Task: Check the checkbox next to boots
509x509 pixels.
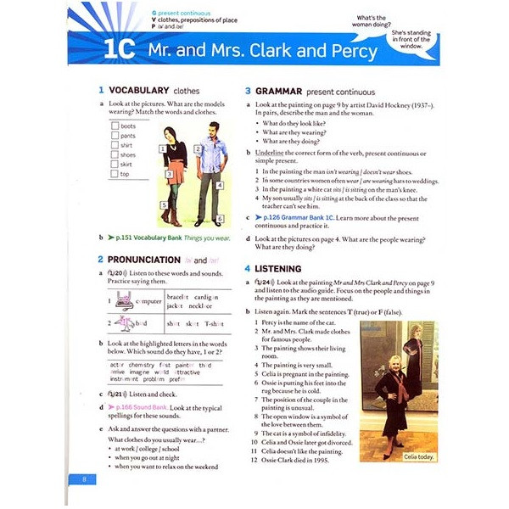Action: pos(115,126)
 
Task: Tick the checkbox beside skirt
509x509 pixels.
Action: pos(115,165)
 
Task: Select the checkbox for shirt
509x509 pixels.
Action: pos(115,145)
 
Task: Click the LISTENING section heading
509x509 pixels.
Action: pos(281,268)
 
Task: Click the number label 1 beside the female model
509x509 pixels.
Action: pos(161,148)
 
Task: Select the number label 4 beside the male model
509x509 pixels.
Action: pos(219,184)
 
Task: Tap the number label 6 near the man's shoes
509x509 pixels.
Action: pos(219,219)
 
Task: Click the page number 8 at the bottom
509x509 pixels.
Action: pos(85,480)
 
